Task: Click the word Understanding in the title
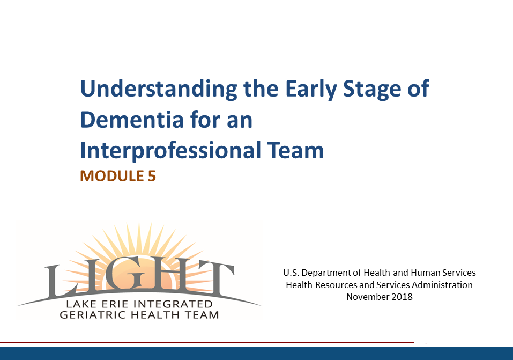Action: point(159,89)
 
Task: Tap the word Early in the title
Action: point(311,89)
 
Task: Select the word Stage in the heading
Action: point(371,90)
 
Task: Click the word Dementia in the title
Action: point(132,120)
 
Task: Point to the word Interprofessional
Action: point(170,151)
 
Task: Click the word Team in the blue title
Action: point(295,150)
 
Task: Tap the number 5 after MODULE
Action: point(152,176)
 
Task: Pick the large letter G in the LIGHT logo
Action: point(124,275)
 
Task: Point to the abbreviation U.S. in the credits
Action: point(291,273)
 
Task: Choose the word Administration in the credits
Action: point(442,285)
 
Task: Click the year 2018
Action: point(402,297)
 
